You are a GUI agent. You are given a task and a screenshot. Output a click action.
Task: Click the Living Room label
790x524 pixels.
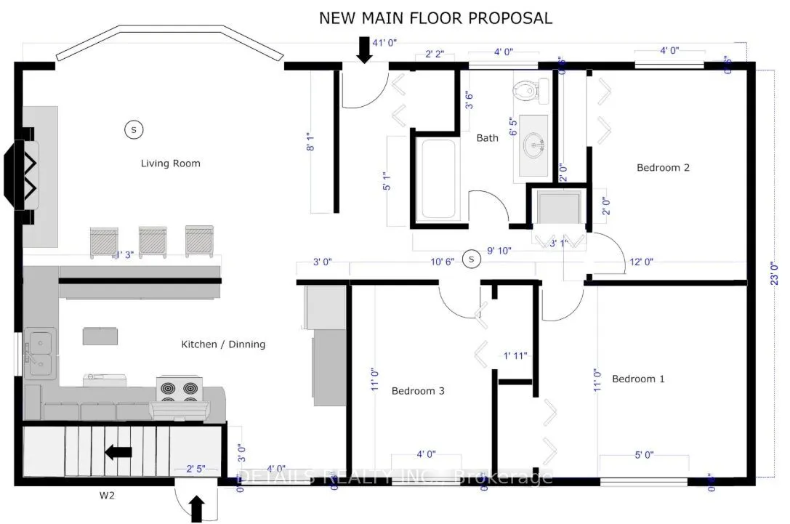pos(170,164)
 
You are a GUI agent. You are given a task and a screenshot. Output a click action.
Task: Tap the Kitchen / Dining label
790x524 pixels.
pos(223,344)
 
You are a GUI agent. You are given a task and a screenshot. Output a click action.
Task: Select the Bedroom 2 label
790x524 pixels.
pos(663,167)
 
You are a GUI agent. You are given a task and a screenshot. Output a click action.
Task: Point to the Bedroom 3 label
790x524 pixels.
pos(418,391)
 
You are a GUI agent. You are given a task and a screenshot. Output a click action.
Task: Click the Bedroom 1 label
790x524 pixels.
pos(638,379)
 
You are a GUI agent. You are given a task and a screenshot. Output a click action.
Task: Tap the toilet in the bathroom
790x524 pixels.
pos(525,89)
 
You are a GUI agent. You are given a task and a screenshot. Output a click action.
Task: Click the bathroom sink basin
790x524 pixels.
pos(538,146)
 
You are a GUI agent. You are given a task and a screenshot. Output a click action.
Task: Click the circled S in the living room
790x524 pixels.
pos(133,129)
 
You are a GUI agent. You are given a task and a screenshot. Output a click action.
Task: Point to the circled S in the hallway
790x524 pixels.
pos(472,259)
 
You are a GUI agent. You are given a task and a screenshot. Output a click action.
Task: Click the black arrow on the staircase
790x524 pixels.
pos(118,453)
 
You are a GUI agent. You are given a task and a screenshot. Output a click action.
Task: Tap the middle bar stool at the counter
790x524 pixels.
pos(153,241)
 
